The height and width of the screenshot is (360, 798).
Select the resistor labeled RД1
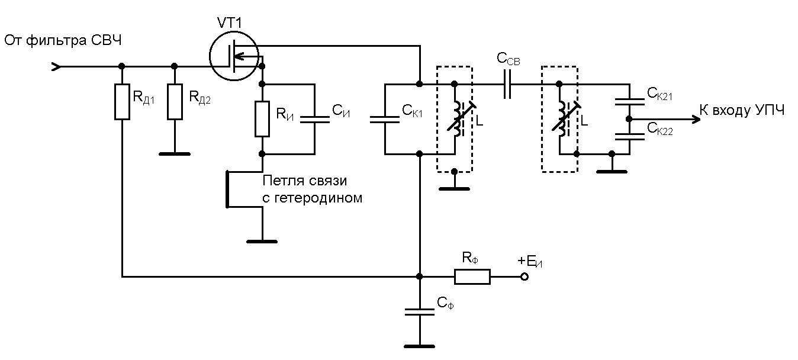coord(122,102)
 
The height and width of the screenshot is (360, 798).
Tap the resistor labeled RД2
coord(175,102)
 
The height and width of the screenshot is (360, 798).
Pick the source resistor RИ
coord(262,119)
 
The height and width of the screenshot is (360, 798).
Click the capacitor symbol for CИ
coord(314,119)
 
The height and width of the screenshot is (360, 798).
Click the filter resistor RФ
coord(472,277)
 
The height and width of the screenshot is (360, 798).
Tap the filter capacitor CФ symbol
coord(420,312)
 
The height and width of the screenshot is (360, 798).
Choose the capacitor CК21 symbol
coord(629,101)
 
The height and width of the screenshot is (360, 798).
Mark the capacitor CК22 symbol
coord(629,136)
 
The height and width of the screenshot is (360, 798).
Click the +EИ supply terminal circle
coord(524,277)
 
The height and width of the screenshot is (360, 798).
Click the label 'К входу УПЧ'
coord(742,111)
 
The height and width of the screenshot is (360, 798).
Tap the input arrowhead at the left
coord(56,66)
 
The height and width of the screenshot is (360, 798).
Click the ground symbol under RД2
coord(175,153)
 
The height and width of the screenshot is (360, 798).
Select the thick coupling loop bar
coord(228,189)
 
